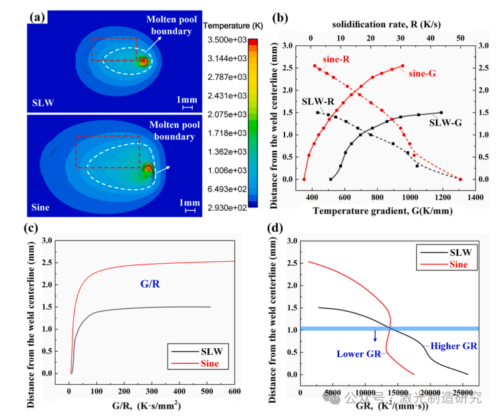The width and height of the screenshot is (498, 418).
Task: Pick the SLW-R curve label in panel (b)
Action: click(x=316, y=102)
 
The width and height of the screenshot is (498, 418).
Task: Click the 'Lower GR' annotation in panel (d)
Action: click(x=358, y=353)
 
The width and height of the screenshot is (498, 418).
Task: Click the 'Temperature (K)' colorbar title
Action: click(x=234, y=25)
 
